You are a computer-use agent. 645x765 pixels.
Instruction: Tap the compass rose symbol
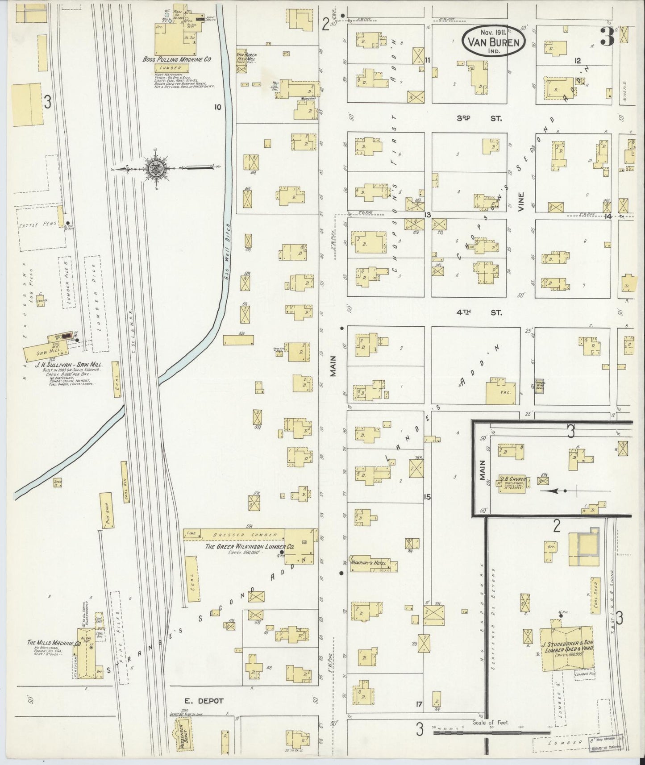pyautogui.click(x=156, y=168)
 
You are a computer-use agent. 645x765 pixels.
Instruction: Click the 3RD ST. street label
pyautogui.click(x=479, y=118)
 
